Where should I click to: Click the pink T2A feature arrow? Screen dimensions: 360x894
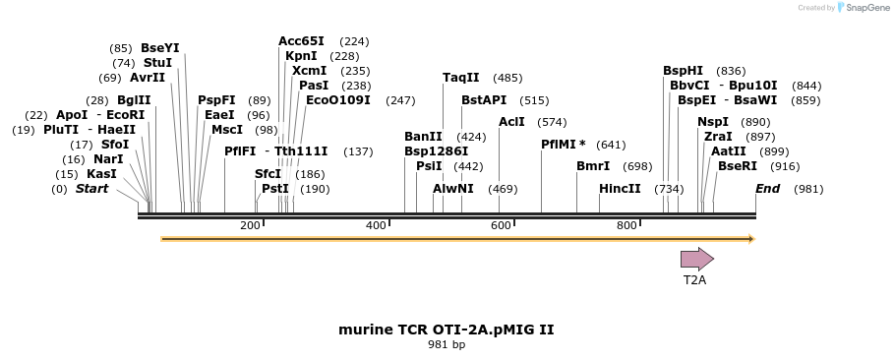tap(696, 259)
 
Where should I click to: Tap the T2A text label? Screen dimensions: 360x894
tap(694, 280)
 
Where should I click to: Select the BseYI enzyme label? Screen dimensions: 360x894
tap(159, 48)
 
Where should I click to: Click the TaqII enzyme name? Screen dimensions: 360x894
tap(460, 78)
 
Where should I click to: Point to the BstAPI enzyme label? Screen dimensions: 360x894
tap(484, 100)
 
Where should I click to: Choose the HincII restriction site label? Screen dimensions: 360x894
tap(620, 189)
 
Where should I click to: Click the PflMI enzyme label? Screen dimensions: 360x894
tap(564, 145)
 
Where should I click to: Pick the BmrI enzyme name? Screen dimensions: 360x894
tap(593, 166)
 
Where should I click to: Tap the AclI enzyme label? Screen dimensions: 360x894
tap(511, 122)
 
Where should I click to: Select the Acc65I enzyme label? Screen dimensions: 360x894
tap(301, 41)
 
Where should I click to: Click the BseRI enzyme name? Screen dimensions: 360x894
tap(738, 166)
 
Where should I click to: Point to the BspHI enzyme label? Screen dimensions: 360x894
tap(683, 71)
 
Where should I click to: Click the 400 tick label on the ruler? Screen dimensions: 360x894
tap(377, 226)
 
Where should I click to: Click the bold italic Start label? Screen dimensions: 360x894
tap(91, 189)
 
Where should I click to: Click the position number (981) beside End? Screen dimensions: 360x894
tap(807, 189)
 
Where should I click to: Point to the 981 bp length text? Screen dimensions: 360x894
tap(446, 345)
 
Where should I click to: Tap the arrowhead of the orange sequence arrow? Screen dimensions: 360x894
tap(750, 239)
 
